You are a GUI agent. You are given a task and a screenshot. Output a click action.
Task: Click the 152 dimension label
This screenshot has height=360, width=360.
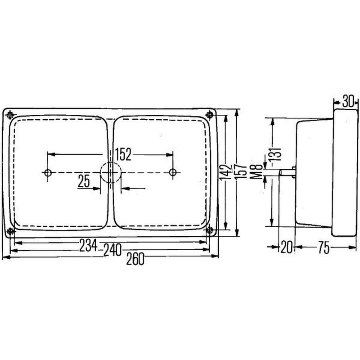click(x=123, y=154)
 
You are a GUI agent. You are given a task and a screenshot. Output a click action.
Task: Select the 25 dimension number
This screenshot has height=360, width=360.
click(x=84, y=181)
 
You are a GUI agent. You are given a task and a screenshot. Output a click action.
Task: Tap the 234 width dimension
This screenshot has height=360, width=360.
click(x=88, y=245)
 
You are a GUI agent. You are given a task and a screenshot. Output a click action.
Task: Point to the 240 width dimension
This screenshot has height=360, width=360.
click(x=112, y=250)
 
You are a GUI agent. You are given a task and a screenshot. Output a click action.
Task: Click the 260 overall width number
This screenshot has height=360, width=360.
click(x=135, y=259)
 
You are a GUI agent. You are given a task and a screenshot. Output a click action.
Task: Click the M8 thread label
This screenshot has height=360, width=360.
click(x=258, y=172)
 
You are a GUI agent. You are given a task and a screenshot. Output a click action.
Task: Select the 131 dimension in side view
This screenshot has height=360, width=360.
click(x=277, y=154)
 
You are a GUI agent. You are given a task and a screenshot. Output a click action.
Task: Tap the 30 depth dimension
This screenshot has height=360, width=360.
click(x=348, y=102)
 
